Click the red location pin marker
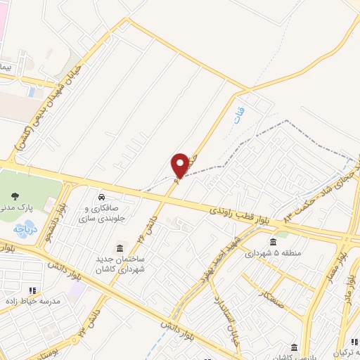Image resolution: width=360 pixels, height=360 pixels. coord(180,165)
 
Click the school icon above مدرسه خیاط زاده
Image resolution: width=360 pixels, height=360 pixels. coord(32,289)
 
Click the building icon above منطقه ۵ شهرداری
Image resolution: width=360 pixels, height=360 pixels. coord(273,242)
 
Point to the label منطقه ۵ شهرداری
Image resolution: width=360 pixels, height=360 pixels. coord(273,254)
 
